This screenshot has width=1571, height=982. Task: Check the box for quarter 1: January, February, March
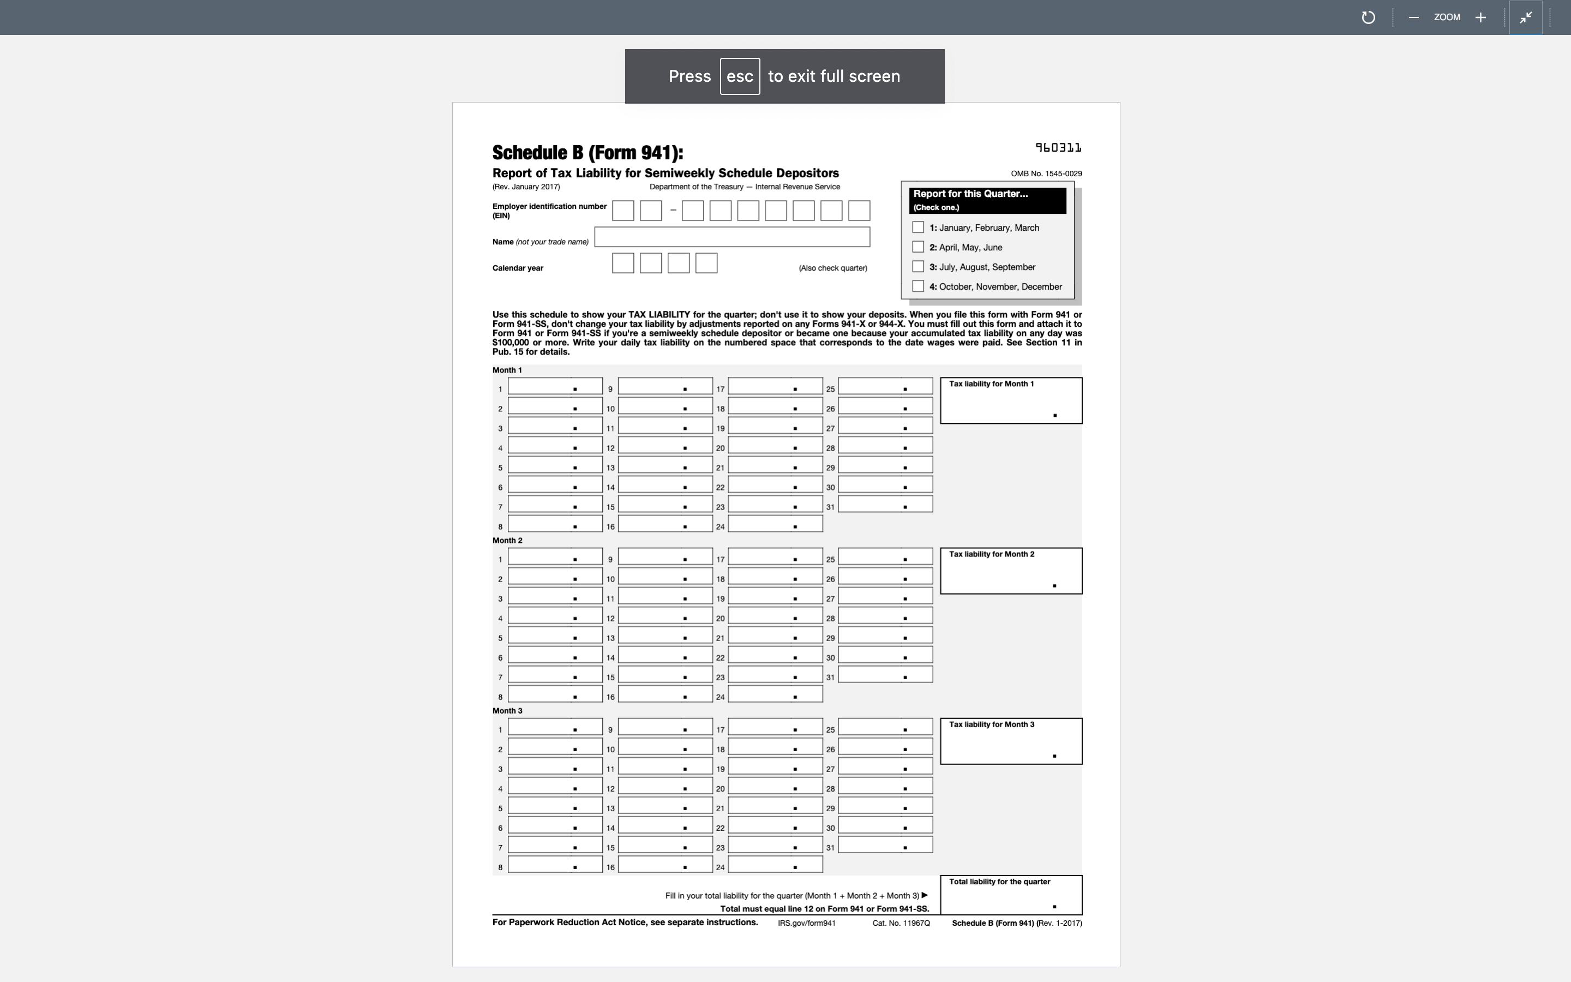pos(918,227)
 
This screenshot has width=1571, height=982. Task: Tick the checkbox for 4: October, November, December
pos(918,286)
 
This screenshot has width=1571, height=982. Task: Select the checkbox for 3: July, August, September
pos(918,266)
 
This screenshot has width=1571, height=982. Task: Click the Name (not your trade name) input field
pos(731,237)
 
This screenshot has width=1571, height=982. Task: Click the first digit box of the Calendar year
pos(622,263)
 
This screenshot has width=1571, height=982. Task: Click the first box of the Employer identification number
pos(622,211)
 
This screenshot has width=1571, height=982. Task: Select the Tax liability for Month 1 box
pos(1011,402)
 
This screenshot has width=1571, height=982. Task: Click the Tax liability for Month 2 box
pos(1011,572)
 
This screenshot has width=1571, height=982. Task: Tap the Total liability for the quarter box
pos(1011,896)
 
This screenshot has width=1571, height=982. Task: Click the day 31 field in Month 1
pos(885,505)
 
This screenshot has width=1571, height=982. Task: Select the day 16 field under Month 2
pos(665,694)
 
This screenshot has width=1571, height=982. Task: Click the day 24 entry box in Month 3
pos(775,865)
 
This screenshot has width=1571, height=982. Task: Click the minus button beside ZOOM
pos(1413,17)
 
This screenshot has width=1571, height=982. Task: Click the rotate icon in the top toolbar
pos(1368,17)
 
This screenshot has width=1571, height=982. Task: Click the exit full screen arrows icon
pos(1526,17)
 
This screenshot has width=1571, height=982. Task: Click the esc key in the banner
pos(740,76)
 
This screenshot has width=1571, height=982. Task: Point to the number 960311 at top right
pos(1058,148)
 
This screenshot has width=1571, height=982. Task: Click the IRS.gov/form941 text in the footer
pos(806,923)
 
